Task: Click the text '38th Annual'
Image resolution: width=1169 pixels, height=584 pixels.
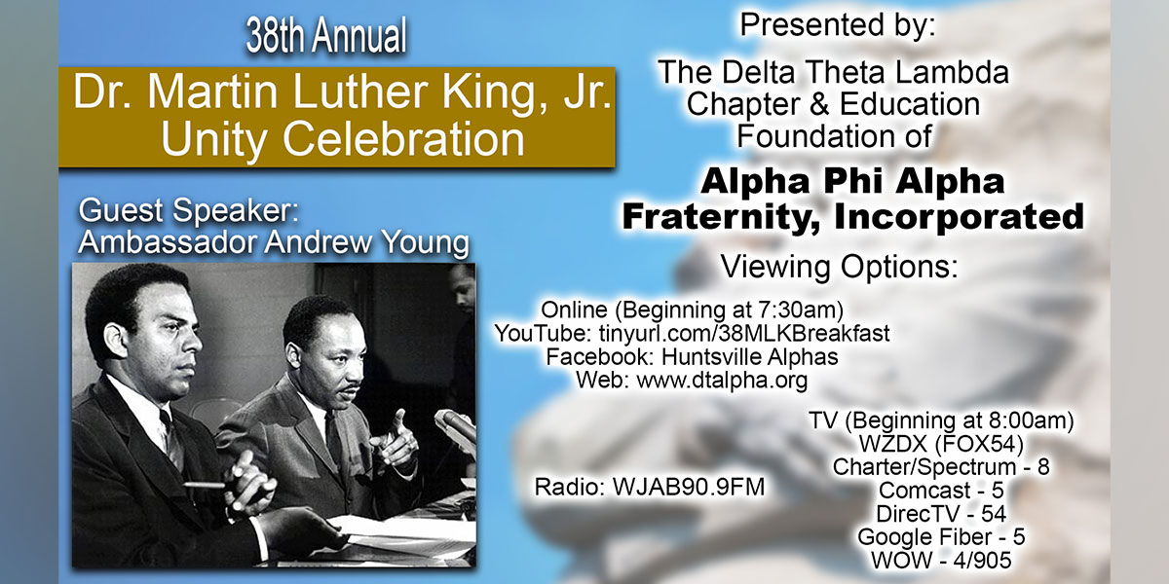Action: pos(326,35)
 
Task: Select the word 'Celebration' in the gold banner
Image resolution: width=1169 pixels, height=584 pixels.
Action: pos(403,138)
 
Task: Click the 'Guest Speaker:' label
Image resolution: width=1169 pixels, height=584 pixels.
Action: pos(188,210)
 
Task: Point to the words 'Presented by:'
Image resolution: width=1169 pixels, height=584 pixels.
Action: pos(838,24)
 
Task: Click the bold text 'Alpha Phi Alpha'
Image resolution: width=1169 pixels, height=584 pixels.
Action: pos(852,181)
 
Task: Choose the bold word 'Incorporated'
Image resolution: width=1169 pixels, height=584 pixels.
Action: pos(960,216)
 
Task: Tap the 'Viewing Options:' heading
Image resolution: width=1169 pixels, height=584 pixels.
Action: pos(839,267)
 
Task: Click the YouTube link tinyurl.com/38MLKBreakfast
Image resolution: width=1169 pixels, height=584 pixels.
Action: pos(744,334)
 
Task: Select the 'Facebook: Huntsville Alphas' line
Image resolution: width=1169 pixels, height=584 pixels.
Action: pos(692,357)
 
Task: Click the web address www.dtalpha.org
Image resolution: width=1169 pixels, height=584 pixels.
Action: pos(722,381)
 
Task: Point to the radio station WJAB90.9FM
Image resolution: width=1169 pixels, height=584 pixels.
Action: pos(689,487)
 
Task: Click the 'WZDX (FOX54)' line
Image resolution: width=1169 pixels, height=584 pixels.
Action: pos(941,444)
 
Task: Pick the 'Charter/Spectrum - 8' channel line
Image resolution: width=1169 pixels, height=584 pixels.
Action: pos(941,466)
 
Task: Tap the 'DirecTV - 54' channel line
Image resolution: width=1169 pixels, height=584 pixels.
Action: pos(941,514)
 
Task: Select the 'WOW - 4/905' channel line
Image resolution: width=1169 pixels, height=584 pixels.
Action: pos(941,560)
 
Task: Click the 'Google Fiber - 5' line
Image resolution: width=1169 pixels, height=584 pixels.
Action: pos(941,536)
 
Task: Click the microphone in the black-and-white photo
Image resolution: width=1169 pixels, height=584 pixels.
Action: pos(456,426)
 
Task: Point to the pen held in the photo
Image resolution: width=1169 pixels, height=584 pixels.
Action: pos(205,485)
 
